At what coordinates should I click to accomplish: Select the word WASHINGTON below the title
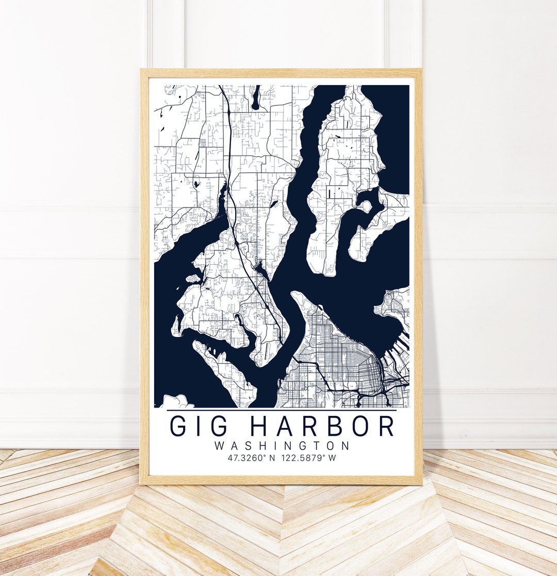(282, 445)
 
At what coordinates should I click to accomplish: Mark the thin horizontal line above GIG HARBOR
(282, 410)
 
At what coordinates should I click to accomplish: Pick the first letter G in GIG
(179, 426)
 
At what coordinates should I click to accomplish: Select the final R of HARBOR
(386, 426)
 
